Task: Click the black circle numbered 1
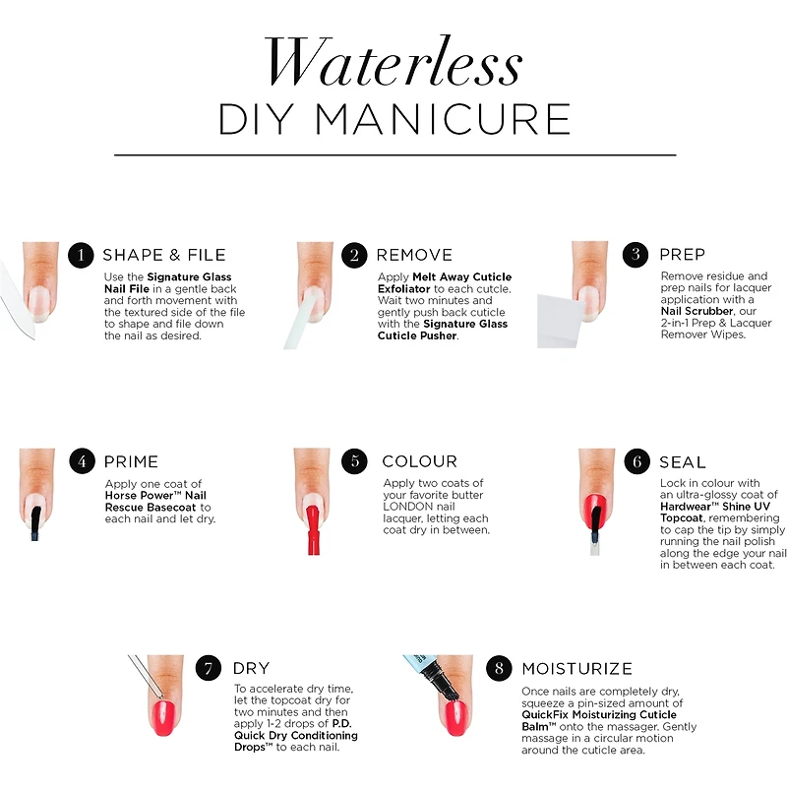pyautogui.click(x=81, y=255)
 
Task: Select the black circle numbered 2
pyautogui.click(x=354, y=255)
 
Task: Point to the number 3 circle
pyautogui.click(x=636, y=255)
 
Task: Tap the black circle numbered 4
pyautogui.click(x=83, y=460)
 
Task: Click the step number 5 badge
pyautogui.click(x=354, y=460)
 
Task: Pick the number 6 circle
pyautogui.click(x=637, y=461)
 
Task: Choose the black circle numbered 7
pyautogui.click(x=209, y=668)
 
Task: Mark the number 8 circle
pyautogui.click(x=499, y=668)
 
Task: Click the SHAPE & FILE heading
pyautogui.click(x=164, y=255)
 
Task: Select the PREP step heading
pyautogui.click(x=682, y=255)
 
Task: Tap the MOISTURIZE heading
pyautogui.click(x=577, y=669)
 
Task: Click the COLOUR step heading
pyautogui.click(x=420, y=461)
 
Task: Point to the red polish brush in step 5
pyautogui.click(x=313, y=529)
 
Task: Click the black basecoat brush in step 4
pyautogui.click(x=35, y=523)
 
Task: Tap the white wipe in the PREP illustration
pyautogui.click(x=560, y=322)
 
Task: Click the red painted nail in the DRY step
pyautogui.click(x=163, y=718)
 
